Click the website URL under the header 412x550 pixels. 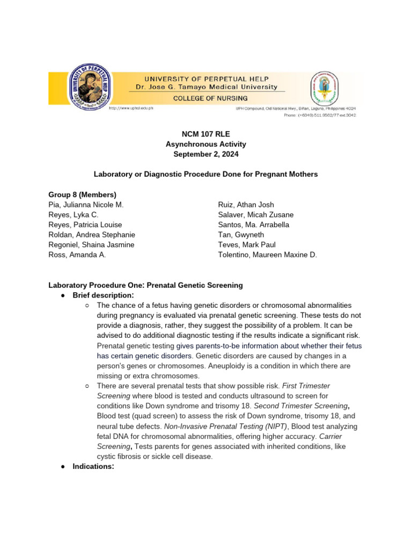click(x=131, y=108)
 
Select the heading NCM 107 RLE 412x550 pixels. click(x=205, y=134)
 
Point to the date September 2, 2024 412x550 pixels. click(x=205, y=154)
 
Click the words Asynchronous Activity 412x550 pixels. click(x=205, y=144)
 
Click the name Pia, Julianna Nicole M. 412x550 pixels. click(x=86, y=205)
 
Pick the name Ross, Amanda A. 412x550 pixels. click(x=77, y=255)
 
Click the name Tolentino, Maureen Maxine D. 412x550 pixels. click(x=268, y=255)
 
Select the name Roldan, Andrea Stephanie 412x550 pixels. click(x=92, y=235)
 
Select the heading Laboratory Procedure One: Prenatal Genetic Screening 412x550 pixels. click(x=145, y=285)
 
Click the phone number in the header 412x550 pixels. click(x=319, y=115)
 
